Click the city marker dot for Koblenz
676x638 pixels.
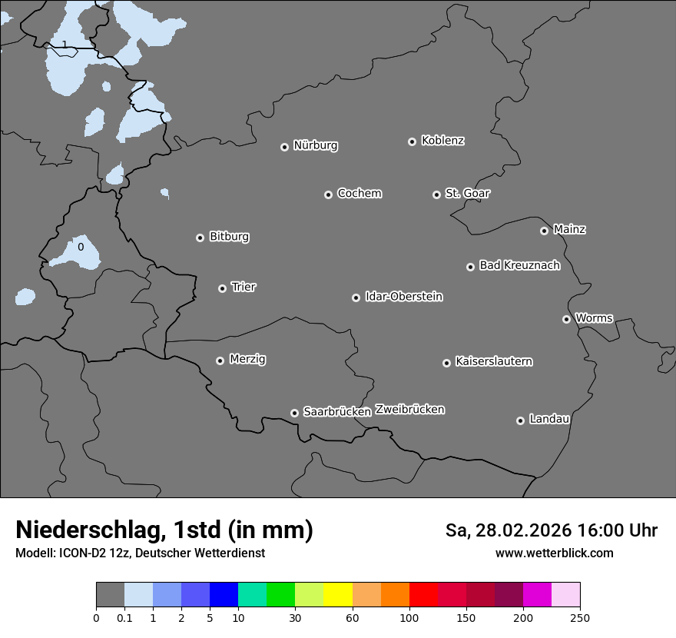coord(413,141)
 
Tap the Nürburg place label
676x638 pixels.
coord(315,145)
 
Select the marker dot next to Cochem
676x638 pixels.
coord(328,194)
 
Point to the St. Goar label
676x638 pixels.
coord(467,193)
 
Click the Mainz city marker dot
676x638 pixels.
coord(544,231)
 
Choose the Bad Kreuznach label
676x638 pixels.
coord(519,265)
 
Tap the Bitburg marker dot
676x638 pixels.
coord(200,238)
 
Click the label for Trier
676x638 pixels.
coord(244,287)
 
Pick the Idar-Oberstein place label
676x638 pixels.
coord(403,296)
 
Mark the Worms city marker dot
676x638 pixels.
coord(566,319)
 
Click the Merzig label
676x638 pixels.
coord(247,359)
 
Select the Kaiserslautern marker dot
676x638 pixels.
coord(446,363)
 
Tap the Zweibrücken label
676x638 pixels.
coord(409,409)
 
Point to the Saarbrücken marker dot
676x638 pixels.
coord(294,413)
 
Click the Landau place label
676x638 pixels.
coord(549,419)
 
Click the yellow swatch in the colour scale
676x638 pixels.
coord(337,595)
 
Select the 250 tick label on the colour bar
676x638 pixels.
coord(580,617)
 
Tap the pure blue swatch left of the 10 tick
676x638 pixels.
coord(224,595)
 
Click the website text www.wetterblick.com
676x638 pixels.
coord(554,553)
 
